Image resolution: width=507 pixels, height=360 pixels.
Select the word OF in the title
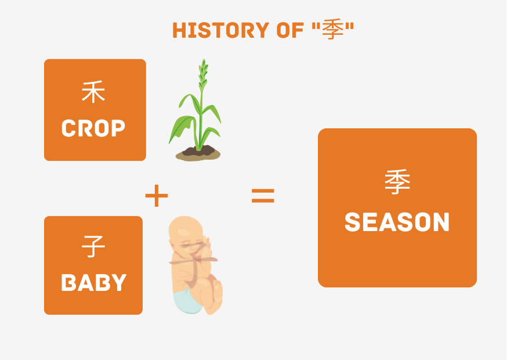[285, 30]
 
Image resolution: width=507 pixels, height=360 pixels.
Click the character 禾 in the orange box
[93, 93]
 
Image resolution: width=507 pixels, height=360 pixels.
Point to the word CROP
[93, 128]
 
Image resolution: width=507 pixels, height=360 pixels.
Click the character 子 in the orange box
[93, 247]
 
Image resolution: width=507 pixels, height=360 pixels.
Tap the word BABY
[93, 283]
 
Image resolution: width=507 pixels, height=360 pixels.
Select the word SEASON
[397, 223]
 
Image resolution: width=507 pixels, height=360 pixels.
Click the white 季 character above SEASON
[397, 182]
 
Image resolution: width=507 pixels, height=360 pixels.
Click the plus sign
[157, 196]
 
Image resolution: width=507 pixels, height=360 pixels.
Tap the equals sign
[263, 196]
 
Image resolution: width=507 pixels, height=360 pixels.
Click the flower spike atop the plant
[203, 73]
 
